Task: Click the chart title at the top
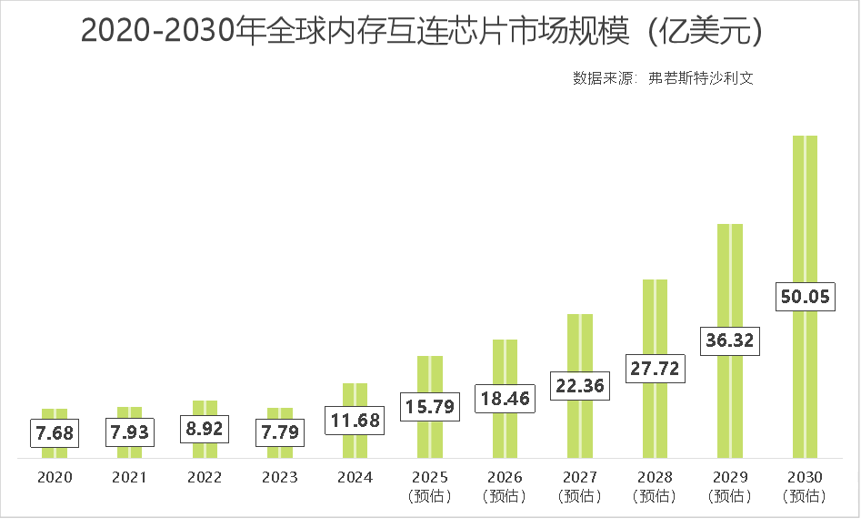420,31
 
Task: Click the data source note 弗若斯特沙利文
663,78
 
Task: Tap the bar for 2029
730,273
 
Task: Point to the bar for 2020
55,451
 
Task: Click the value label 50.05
805,297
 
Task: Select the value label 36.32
730,340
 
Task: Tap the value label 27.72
655,369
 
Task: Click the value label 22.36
579,386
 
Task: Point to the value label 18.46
505,398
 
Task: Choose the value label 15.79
429,406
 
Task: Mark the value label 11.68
355,421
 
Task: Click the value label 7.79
280,432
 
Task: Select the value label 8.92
205,428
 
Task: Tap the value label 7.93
129,432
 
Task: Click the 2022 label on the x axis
205,477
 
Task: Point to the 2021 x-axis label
129,477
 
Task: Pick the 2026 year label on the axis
505,477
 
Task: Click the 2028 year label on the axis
655,477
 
